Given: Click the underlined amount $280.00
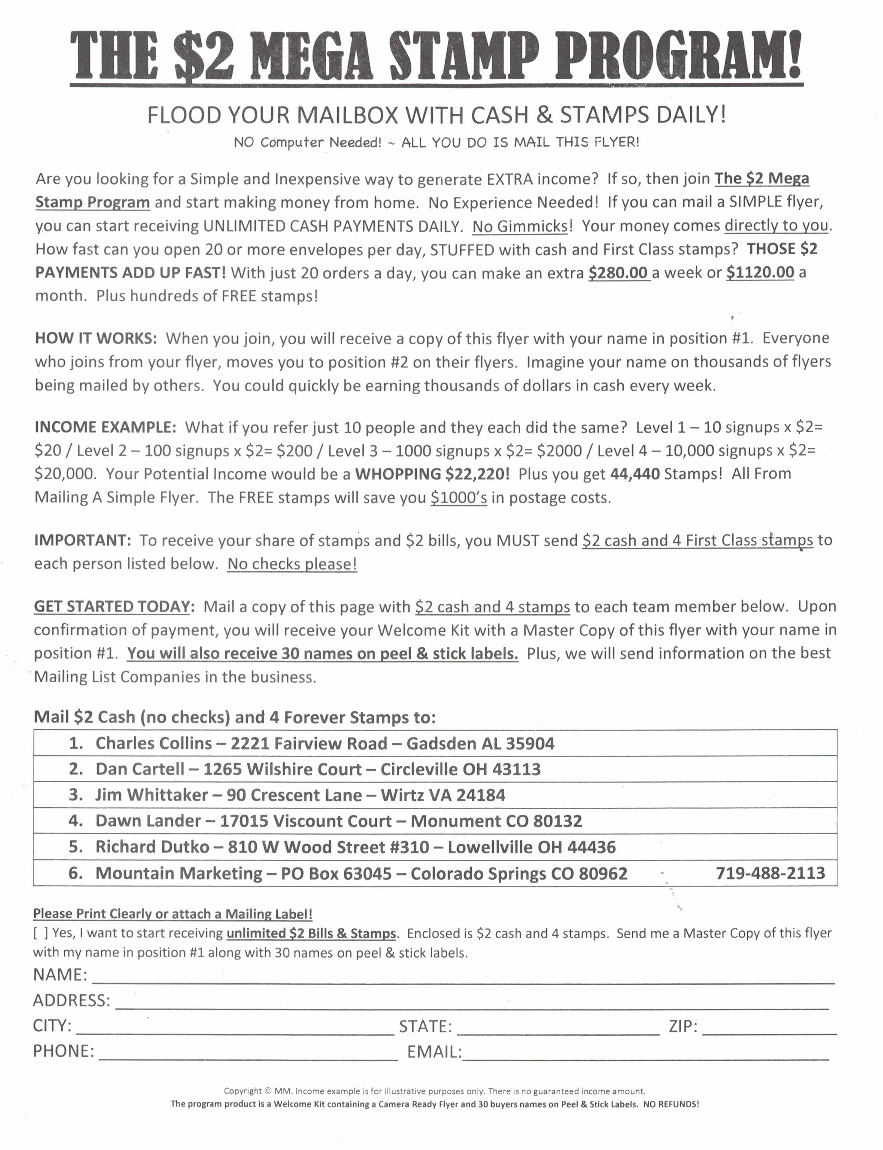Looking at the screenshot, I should tap(618, 272).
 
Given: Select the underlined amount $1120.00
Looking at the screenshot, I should tap(760, 272).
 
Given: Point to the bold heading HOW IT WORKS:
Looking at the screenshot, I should tap(96, 338).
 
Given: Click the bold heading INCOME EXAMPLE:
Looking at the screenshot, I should tap(105, 427).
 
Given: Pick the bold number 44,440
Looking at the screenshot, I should tap(634, 474).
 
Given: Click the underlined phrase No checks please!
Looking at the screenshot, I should tap(292, 564).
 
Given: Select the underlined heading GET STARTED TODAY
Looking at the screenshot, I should tap(111, 607).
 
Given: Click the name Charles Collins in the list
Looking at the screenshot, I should tap(154, 743).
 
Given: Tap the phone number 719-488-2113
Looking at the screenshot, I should tap(770, 873).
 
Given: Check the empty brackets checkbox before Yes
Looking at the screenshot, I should tap(41, 933).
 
